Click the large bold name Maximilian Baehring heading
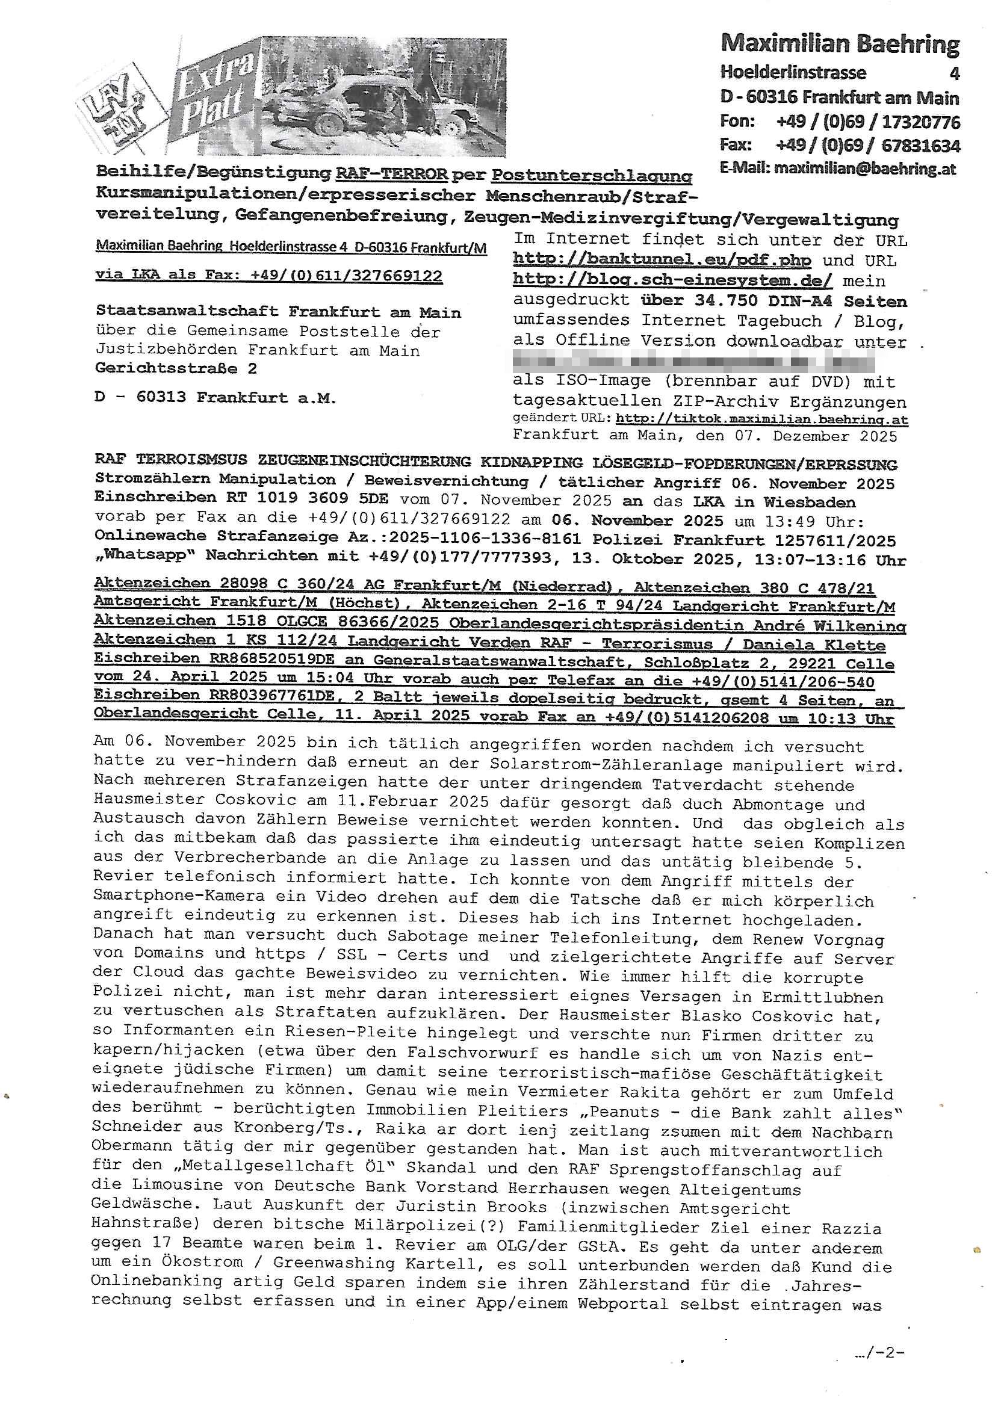pyautogui.click(x=840, y=44)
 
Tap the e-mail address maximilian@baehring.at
pyautogui.click(x=864, y=169)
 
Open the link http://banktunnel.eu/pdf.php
pyautogui.click(x=662, y=260)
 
